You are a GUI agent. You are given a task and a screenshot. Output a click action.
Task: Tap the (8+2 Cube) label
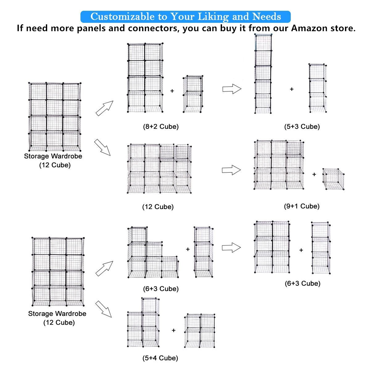[161, 126]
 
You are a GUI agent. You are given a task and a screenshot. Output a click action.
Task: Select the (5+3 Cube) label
[302, 126]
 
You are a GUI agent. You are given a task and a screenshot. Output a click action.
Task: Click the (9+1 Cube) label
[302, 206]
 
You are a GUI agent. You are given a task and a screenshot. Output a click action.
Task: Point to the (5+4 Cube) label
[160, 358]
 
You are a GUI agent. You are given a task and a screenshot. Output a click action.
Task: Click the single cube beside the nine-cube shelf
[334, 179]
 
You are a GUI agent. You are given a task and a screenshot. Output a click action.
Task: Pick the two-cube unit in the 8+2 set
[193, 94]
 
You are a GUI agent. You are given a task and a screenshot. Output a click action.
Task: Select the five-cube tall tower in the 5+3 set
[263, 74]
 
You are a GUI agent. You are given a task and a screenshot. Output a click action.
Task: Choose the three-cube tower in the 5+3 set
[317, 88]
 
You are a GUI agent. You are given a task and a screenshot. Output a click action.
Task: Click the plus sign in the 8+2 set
[172, 91]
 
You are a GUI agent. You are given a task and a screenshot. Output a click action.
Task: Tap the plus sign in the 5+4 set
[174, 330]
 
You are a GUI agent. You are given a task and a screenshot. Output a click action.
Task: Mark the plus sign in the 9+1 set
[314, 175]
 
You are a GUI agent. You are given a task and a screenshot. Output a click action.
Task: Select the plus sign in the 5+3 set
[291, 89]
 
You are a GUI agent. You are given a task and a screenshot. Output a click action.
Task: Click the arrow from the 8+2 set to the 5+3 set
[232, 89]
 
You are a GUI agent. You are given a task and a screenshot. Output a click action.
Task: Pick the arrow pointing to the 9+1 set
[231, 170]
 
